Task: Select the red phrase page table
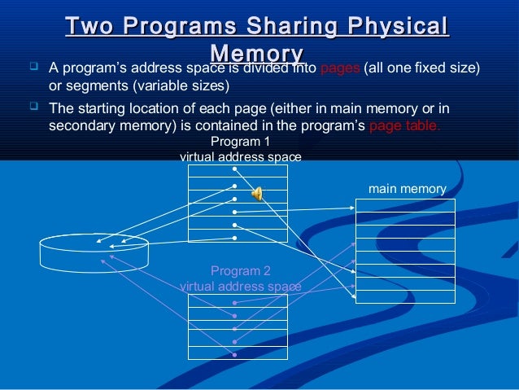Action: [405, 126]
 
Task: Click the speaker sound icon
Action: [257, 193]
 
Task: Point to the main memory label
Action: [407, 189]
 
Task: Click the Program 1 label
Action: [240, 142]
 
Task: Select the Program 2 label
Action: [240, 270]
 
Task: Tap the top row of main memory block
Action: [405, 205]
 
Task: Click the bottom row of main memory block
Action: [405, 296]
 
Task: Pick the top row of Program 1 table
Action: [238, 171]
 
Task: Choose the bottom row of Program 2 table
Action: [238, 354]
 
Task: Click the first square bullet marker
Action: [33, 68]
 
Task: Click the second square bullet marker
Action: [33, 107]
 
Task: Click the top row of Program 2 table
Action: [238, 300]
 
